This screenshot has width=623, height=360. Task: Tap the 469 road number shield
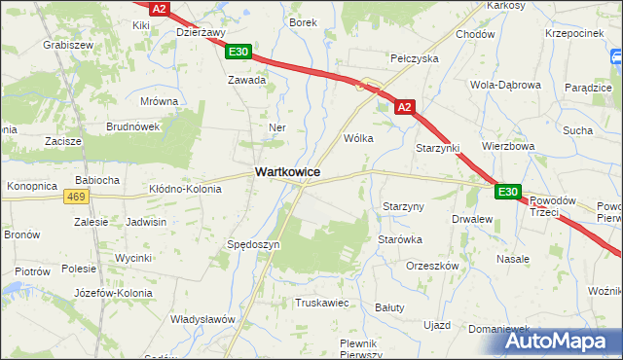tap(75, 197)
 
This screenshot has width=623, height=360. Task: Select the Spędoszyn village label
tap(253, 244)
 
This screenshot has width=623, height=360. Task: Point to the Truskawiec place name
tap(321, 303)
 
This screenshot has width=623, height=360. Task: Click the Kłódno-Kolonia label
tap(184, 188)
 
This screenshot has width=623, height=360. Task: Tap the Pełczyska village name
tap(415, 58)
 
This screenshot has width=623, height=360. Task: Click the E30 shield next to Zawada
tap(239, 53)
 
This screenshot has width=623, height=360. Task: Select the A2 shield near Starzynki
tap(407, 108)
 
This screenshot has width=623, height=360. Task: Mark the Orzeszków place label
tap(431, 266)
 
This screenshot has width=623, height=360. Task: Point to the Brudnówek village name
tap(133, 126)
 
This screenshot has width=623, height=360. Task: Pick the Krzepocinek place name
tap(576, 33)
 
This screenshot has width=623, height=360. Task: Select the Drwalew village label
tap(472, 220)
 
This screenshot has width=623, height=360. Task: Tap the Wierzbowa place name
tap(508, 146)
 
